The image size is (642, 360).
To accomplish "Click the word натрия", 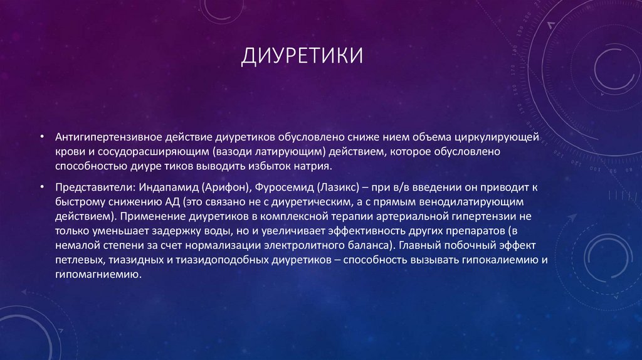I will point(322,167).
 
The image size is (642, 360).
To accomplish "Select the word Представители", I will point(84,188).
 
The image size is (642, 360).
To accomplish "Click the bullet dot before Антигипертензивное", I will point(41,137).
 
